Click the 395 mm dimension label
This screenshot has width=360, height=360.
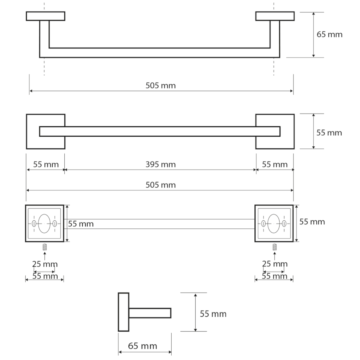(x=160, y=164)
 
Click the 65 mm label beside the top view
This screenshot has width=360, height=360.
(x=330, y=34)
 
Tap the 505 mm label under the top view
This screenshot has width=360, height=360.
(x=160, y=86)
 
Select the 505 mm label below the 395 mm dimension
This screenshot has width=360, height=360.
(x=160, y=185)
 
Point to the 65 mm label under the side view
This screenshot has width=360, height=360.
(x=142, y=346)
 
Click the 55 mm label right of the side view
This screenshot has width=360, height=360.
(x=213, y=314)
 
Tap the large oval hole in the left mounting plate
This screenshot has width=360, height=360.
(x=44, y=223)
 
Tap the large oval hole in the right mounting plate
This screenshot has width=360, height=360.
(x=274, y=223)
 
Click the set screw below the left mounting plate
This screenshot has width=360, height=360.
(x=44, y=247)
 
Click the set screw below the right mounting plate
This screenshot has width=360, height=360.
(x=274, y=247)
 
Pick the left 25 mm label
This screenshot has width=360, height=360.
(x=45, y=264)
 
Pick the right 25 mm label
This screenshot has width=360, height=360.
(x=274, y=264)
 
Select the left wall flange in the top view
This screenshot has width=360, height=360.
(x=46, y=16)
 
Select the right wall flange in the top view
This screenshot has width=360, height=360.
(x=275, y=16)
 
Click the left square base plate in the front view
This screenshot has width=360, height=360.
(x=46, y=132)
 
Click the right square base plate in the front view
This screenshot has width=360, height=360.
(x=275, y=132)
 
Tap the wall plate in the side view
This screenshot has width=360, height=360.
(x=124, y=312)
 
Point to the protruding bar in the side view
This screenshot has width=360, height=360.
(x=150, y=313)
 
